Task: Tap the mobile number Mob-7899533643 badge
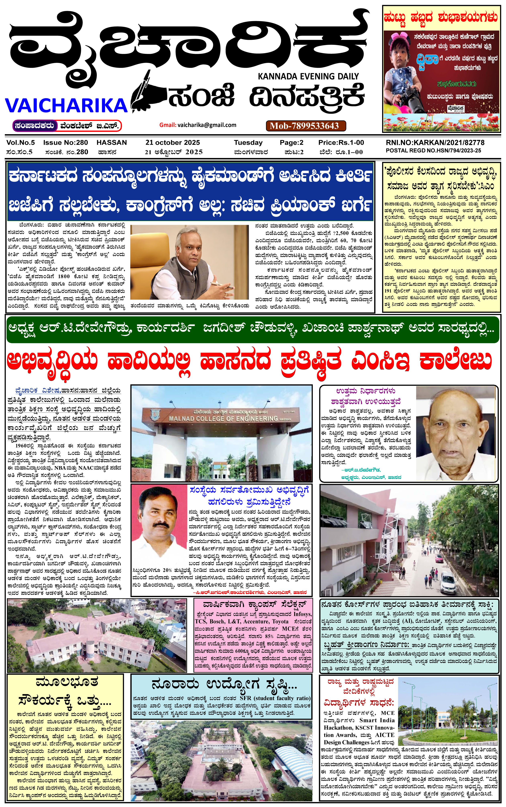click(x=306, y=126)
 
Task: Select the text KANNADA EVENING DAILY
click(x=308, y=76)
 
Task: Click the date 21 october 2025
click(x=173, y=142)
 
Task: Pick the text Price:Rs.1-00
click(x=341, y=142)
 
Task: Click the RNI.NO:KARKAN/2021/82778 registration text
click(x=435, y=142)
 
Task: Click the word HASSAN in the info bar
click(x=112, y=142)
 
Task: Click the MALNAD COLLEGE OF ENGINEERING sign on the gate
click(x=223, y=419)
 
